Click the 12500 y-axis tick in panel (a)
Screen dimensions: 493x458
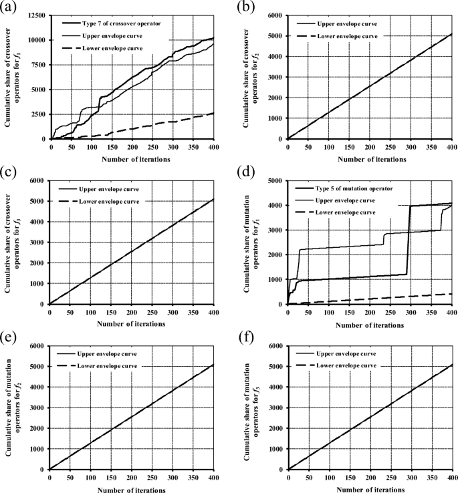[35, 15]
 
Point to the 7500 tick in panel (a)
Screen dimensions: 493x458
[37, 65]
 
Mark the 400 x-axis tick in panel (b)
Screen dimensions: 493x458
[451, 146]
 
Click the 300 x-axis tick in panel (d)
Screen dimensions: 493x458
[411, 311]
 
